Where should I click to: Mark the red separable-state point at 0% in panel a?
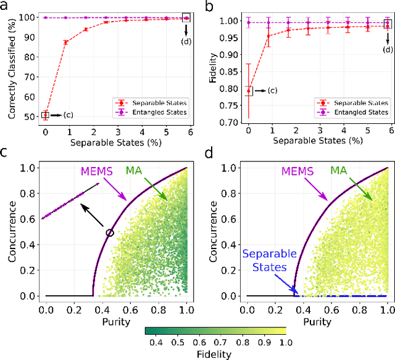click(x=45, y=115)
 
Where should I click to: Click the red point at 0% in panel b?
click(x=248, y=91)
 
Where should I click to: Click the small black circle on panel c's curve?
click(x=110, y=232)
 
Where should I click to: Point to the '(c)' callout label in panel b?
click(x=272, y=91)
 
